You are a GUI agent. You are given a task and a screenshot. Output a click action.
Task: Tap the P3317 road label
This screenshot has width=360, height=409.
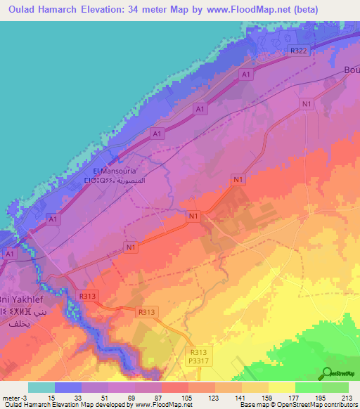(200, 361)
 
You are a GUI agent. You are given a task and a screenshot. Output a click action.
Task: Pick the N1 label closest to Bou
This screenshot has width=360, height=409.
(306, 105)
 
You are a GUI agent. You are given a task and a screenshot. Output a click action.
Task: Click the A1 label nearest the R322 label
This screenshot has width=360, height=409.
(246, 74)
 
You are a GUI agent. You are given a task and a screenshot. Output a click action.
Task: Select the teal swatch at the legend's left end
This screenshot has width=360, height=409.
(41, 387)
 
